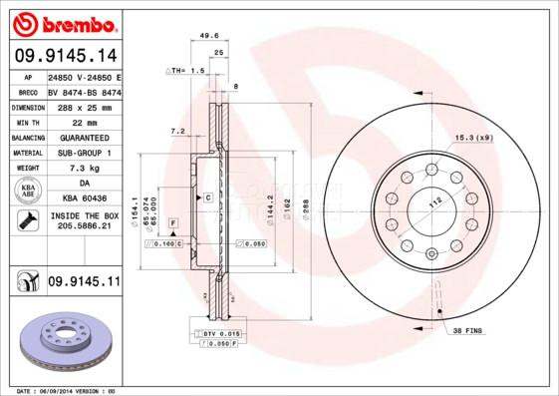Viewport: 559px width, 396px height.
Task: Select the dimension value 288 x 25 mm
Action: pos(83,106)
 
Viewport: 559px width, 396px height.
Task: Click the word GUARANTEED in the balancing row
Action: pos(83,137)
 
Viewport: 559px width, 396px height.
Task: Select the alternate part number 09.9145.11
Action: pos(83,283)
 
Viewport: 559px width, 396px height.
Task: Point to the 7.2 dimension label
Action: pos(178,131)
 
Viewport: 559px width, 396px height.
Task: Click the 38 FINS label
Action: pos(467,329)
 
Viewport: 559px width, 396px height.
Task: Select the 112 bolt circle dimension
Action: pos(434,202)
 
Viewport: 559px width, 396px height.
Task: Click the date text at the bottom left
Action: pos(68,390)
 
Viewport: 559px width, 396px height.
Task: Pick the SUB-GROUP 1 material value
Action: pos(83,153)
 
